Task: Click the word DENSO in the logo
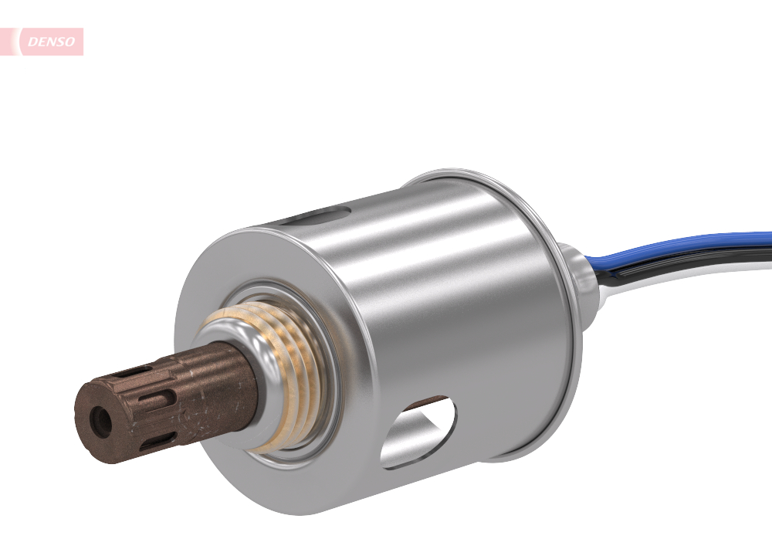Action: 52,42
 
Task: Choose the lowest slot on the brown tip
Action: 158,442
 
